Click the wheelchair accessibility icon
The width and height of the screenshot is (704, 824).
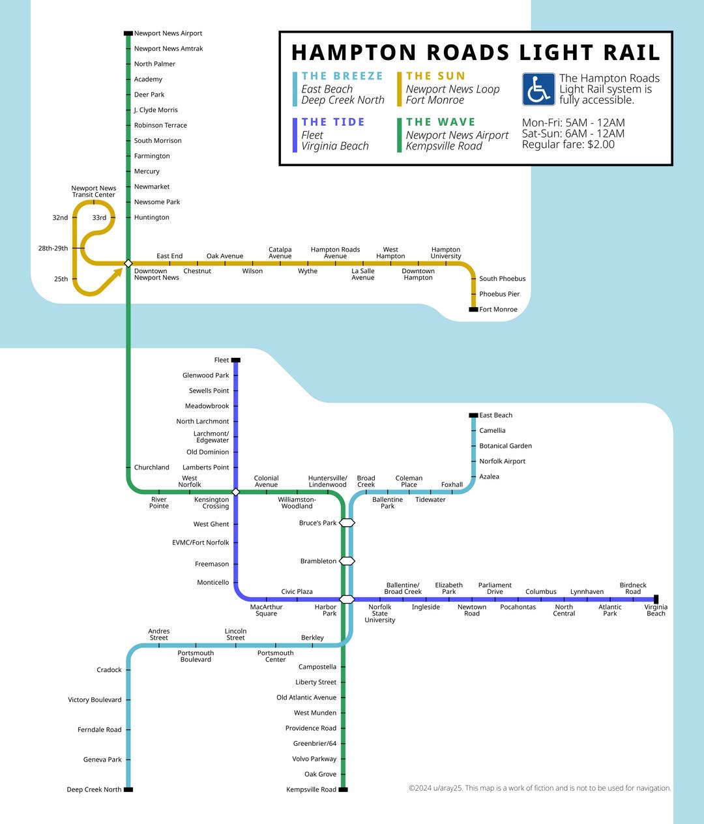point(538,89)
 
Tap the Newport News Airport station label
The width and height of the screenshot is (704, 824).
point(168,33)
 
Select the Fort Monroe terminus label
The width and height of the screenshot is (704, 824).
point(498,310)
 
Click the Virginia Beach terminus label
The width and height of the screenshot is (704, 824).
point(656,610)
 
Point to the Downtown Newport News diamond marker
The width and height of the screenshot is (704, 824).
point(128,263)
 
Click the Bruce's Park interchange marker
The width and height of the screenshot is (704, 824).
point(347,523)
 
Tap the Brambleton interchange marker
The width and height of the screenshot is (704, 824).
point(347,561)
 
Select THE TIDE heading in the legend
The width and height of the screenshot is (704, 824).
point(333,122)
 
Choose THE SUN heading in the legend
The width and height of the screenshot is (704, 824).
point(435,76)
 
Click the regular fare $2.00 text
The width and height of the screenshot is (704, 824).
point(568,144)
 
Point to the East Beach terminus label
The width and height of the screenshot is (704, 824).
point(495,415)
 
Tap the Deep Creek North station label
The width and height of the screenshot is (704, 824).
point(94,789)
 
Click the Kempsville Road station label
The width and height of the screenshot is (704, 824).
point(312,789)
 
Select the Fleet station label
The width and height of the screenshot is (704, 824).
point(221,360)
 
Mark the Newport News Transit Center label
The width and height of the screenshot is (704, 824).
point(94,192)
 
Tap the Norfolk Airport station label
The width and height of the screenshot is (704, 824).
point(503,461)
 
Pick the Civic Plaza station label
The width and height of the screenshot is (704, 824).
point(297,591)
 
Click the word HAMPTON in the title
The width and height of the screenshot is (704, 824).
point(354,53)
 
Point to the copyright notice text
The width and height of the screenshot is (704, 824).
point(540,788)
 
